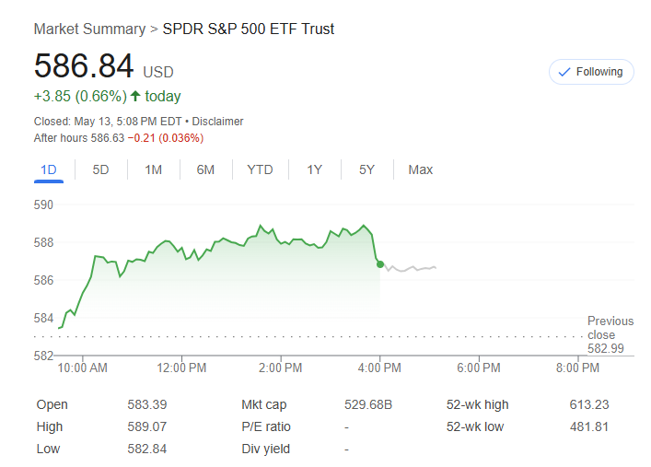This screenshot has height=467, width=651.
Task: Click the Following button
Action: (x=591, y=72)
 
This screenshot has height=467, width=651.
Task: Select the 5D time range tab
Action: (x=100, y=169)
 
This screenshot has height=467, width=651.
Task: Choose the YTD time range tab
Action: (x=260, y=169)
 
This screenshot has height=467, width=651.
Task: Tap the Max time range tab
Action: (x=420, y=169)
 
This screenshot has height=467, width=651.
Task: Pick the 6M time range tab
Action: (x=205, y=169)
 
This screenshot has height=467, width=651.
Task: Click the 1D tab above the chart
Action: (x=49, y=169)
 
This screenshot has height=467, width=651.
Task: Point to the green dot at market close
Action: (x=380, y=264)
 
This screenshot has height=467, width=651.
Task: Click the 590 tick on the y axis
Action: (x=44, y=204)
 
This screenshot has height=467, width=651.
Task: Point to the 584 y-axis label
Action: (x=44, y=318)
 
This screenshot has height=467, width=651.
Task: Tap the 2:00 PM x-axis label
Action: (x=281, y=368)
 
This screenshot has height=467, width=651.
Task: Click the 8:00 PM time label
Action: (x=578, y=368)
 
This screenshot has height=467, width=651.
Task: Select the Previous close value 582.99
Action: (x=606, y=348)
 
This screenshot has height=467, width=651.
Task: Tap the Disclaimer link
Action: (x=218, y=122)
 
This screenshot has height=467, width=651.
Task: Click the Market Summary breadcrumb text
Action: (x=89, y=29)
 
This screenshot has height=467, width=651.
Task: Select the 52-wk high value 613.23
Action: (x=589, y=404)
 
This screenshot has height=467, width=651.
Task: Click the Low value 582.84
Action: (x=146, y=449)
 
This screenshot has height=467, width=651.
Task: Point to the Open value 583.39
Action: (x=146, y=404)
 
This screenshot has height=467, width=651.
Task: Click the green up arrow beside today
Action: (x=135, y=96)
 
